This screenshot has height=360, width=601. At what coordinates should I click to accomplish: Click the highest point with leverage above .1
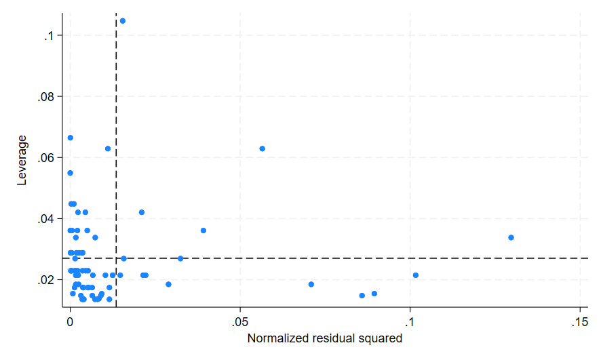point(122,20)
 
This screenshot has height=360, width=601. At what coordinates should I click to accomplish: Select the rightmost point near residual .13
point(511,237)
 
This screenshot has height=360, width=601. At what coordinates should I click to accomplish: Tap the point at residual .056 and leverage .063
point(262,148)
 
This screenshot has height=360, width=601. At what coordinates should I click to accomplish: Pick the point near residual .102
point(415,275)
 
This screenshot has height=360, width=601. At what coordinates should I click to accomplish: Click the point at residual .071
point(311,284)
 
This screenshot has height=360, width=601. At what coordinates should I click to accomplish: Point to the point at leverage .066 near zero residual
point(70,138)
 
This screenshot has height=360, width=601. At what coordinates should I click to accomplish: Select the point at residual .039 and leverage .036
point(203,231)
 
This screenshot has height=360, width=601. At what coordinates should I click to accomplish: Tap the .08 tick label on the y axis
point(46,96)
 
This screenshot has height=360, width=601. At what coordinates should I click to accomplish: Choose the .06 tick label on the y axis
point(46,157)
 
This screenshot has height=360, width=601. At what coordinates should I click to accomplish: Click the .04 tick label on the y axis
point(46,218)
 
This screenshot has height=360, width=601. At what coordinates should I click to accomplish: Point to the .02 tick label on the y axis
point(46,279)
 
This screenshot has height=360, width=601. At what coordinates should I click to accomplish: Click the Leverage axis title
point(22,160)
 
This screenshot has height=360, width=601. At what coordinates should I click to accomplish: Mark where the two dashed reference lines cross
point(116,258)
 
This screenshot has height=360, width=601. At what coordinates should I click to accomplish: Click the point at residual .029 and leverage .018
point(168,284)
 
